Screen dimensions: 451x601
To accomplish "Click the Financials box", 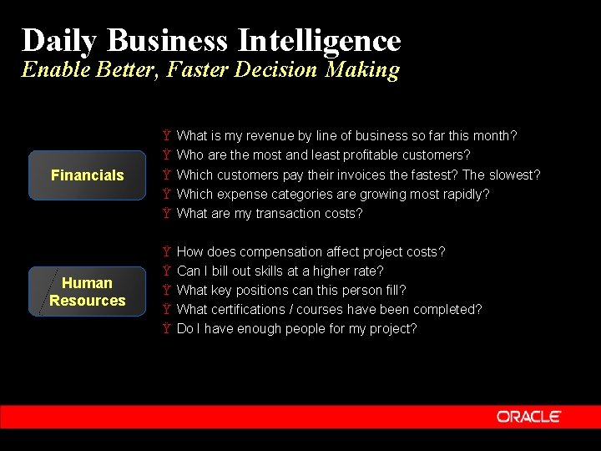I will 87,175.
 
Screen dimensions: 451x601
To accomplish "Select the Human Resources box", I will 87,291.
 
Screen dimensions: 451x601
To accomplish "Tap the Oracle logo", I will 529,416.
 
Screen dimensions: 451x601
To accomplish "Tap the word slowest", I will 513,175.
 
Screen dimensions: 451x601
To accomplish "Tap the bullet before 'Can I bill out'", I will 167,271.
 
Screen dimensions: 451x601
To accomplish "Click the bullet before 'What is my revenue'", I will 167,135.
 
